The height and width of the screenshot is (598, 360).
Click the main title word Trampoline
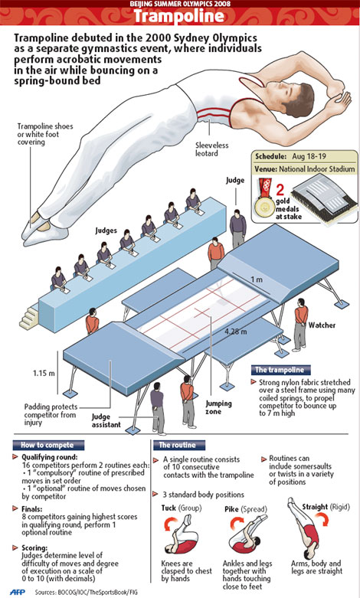pos(180,16)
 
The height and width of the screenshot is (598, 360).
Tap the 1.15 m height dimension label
pos(44,373)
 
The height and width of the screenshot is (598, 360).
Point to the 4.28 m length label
pos(236,331)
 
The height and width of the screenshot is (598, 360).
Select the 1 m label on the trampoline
pos(257,279)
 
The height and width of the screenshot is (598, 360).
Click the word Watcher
pos(322,325)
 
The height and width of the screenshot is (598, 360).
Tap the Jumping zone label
pos(218,407)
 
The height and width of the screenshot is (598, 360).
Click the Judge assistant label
pos(106,420)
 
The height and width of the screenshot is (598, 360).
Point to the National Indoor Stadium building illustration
pos(324,200)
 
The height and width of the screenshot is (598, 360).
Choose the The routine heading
pos(178,445)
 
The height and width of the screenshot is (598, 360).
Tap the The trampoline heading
pos(280,370)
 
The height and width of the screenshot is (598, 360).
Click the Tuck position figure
pos(181,534)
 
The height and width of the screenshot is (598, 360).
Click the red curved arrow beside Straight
pos(322,519)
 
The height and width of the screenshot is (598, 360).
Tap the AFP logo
pos(18,592)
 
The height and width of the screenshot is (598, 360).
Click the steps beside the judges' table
pos(29,318)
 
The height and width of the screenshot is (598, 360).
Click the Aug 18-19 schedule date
pos(309,156)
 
